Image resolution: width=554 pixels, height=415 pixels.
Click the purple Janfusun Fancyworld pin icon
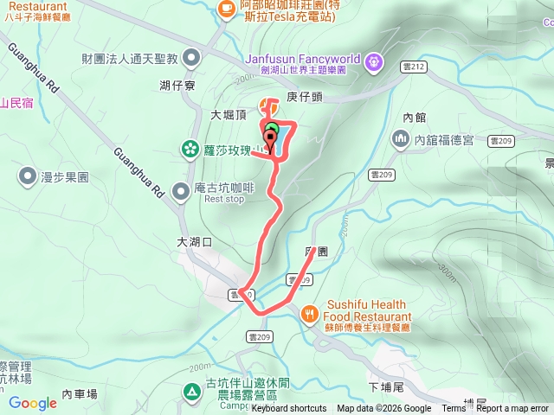coord(373,61)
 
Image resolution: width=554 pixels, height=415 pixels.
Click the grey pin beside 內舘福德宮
coord(400,138)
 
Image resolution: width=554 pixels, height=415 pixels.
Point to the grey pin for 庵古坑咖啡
coord(182,190)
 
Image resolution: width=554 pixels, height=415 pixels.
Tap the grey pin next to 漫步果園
coord(26,177)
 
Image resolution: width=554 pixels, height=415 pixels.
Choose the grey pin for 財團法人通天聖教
coord(191,59)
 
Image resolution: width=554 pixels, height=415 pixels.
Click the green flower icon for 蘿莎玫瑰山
coord(190,150)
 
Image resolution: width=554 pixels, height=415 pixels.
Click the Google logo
coord(32,403)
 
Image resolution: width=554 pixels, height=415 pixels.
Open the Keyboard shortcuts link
coord(289,409)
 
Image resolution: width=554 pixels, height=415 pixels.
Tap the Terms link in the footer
coord(454,409)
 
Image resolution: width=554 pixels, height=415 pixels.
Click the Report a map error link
coord(513,409)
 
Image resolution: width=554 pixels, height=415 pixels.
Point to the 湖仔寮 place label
coord(177,86)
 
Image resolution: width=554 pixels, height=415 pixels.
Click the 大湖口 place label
coord(194,242)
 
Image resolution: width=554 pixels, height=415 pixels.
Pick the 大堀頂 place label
coord(229,114)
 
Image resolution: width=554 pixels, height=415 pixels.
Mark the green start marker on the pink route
coord(272,131)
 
